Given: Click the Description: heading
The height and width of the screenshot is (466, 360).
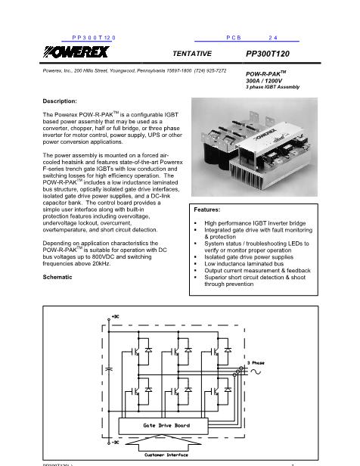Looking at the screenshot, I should click(61, 101).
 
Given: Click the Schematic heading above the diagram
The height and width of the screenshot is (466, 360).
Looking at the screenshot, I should click(59, 278).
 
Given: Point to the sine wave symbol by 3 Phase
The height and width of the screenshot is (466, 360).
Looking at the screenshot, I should click(262, 371).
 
